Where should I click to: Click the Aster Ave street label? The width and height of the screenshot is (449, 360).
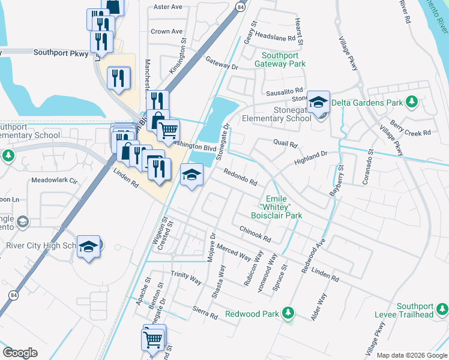[x=167, y=7]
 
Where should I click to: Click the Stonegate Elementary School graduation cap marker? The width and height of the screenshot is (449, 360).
[x=319, y=101]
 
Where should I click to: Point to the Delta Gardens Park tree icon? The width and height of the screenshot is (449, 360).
[x=411, y=103]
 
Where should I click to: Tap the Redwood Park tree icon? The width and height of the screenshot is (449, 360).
[x=289, y=313]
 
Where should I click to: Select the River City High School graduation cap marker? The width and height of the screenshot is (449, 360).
[x=88, y=247]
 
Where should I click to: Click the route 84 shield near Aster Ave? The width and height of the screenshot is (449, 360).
[x=240, y=7]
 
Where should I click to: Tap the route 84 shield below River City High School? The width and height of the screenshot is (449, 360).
[x=13, y=295]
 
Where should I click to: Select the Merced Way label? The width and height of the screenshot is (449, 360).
[x=234, y=252]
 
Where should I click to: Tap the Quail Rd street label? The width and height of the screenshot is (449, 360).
[x=285, y=145]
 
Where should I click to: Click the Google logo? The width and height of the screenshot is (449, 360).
[x=20, y=353]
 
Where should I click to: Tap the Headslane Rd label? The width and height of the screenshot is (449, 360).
[x=276, y=37]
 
